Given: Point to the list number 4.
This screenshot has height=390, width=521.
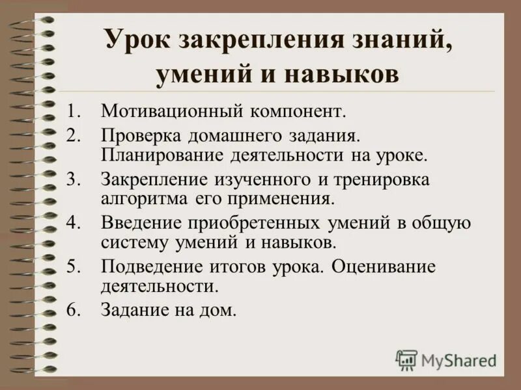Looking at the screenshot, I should click(74, 223).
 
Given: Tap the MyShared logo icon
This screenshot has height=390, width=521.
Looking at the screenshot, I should click(406, 359).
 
